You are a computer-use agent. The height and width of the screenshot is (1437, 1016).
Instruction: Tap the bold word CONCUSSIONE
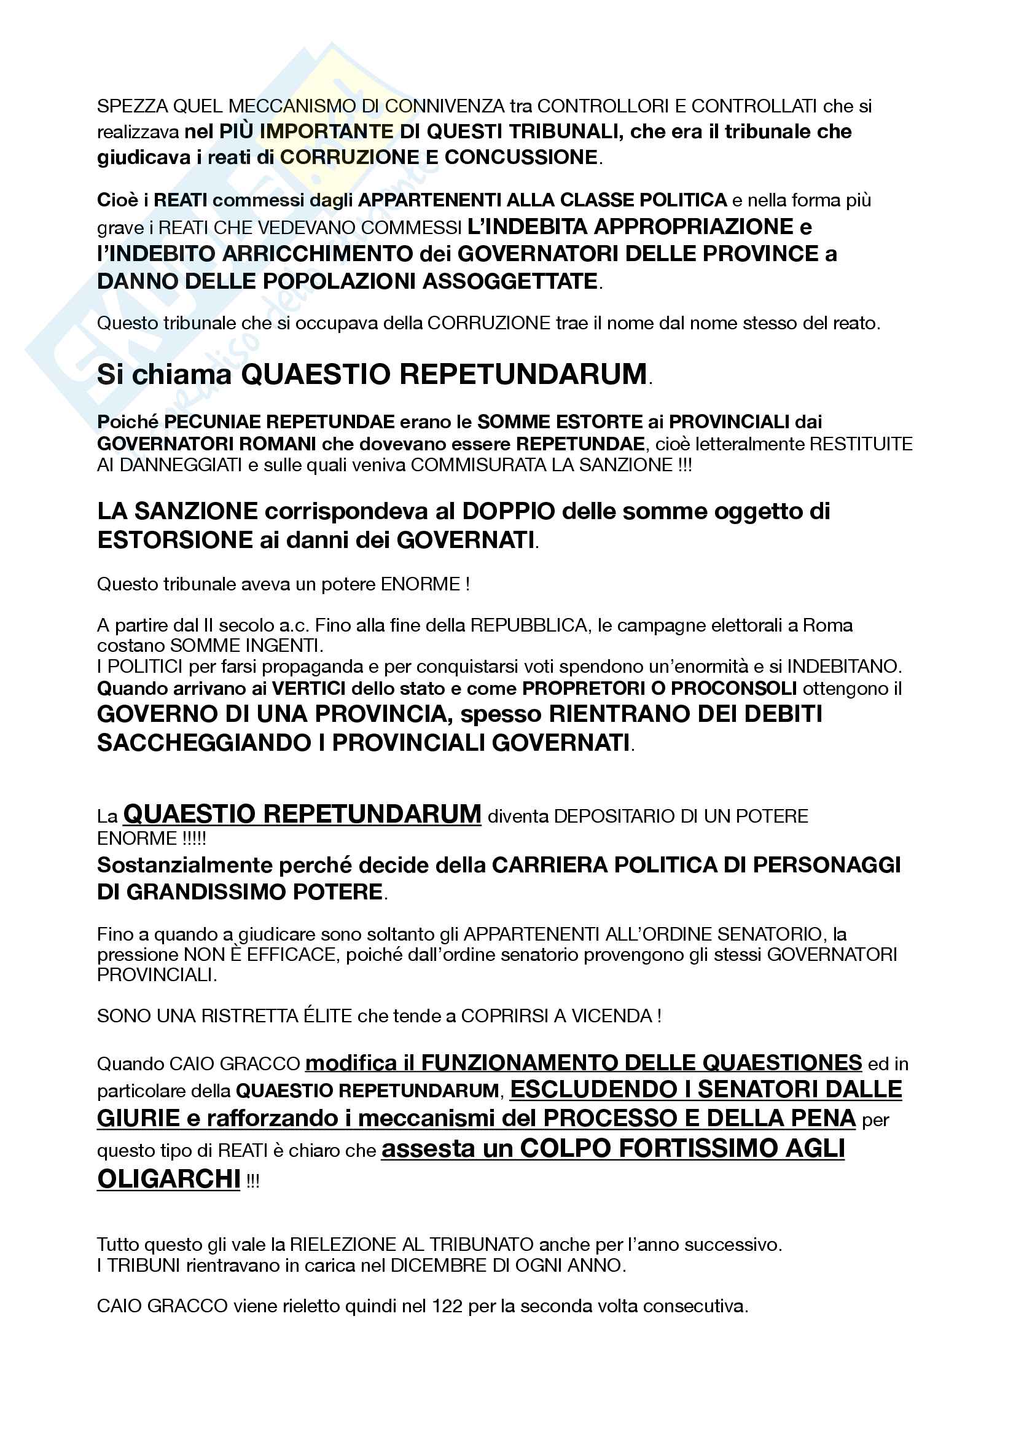tap(521, 157)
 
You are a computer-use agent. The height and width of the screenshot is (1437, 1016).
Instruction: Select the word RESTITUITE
tap(861, 444)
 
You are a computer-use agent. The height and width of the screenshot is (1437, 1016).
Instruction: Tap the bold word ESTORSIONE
tap(174, 539)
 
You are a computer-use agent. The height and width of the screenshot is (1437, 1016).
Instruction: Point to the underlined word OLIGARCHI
tap(168, 1179)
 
